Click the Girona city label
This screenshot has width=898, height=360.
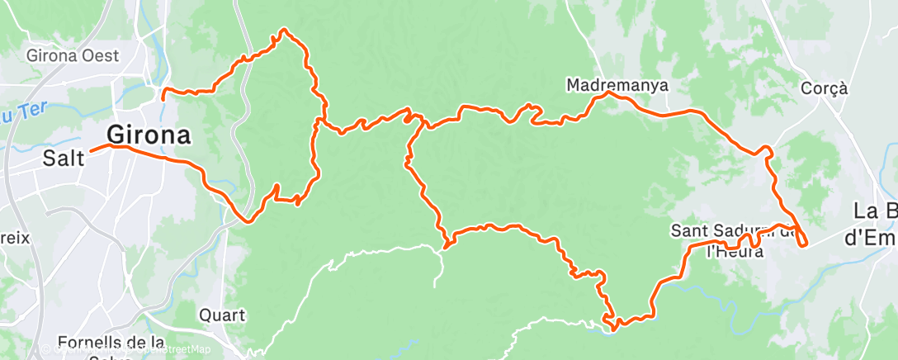[149, 134]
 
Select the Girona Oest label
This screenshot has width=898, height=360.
[73, 56]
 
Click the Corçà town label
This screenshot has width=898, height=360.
[825, 88]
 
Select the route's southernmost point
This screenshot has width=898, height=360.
[613, 329]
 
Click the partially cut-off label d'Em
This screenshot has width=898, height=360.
[872, 239]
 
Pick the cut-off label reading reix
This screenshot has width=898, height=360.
[15, 238]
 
